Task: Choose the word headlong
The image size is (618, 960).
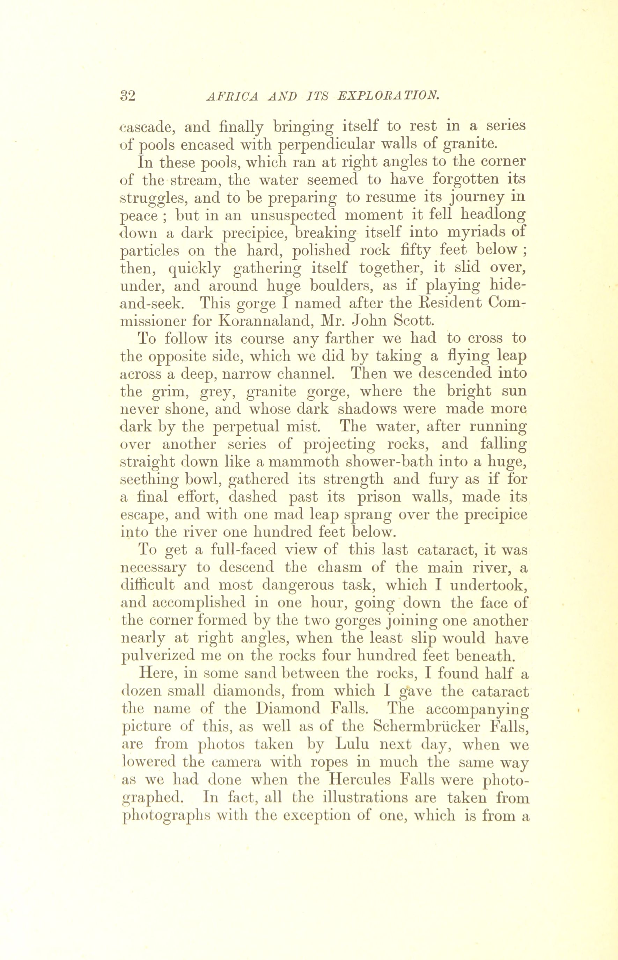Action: click(493, 215)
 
